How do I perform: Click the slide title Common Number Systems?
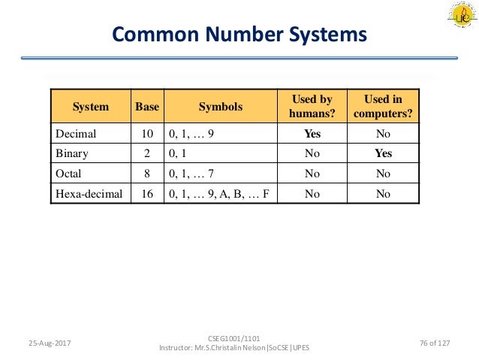[239, 35]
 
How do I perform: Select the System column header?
[90, 107]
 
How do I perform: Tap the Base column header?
[147, 107]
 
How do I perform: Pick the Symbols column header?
[220, 107]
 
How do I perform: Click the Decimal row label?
[77, 135]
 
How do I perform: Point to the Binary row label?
[73, 153]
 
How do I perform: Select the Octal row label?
[70, 173]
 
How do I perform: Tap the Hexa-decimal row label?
[89, 192]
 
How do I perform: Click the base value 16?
[147, 192]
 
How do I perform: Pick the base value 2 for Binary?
[147, 153]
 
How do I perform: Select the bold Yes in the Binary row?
[383, 153]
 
